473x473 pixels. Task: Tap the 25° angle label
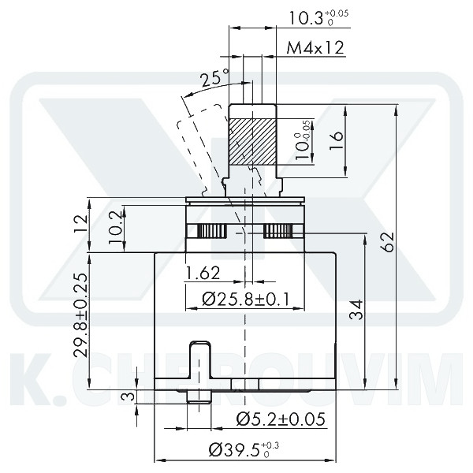pyautogui.click(x=214, y=79)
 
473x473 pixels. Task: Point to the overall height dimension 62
pyautogui.click(x=387, y=242)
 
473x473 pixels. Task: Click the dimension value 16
pyautogui.click(x=336, y=140)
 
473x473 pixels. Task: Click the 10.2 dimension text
pyautogui.click(x=114, y=229)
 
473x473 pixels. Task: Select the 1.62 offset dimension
pyautogui.click(x=202, y=274)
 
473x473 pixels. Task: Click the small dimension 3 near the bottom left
pyautogui.click(x=125, y=397)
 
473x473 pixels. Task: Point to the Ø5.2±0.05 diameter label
pyautogui.click(x=280, y=419)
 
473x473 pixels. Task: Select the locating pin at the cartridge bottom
pyautogui.click(x=200, y=371)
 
